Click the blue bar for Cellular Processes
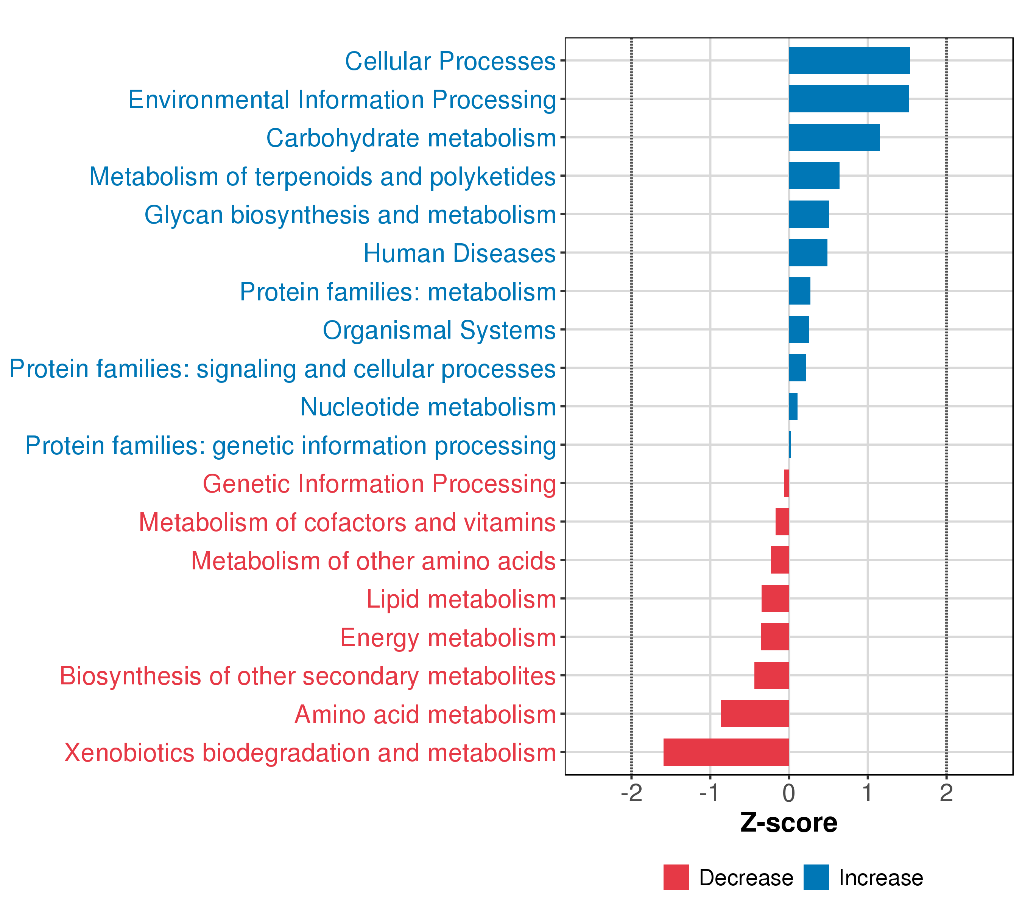coord(849,61)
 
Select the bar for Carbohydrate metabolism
coord(834,137)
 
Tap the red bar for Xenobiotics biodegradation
coord(726,752)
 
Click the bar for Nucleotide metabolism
coord(793,406)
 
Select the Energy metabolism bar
coord(774,637)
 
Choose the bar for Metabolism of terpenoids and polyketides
coord(813,176)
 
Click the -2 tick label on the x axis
coord(631,793)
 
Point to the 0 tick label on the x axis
coord(788,793)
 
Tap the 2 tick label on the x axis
coord(946,793)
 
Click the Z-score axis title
coord(788,823)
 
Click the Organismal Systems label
coord(439,330)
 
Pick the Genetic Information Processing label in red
coord(379,484)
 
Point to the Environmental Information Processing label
coord(342,100)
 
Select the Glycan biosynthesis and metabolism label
coord(350,215)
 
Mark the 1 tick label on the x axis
coord(868,793)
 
